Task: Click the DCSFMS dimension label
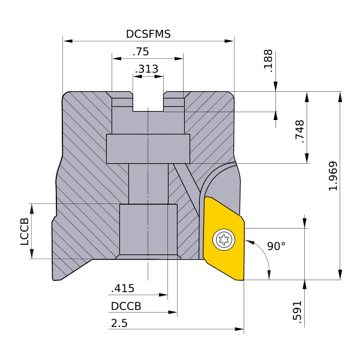click(x=148, y=34)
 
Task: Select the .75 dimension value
click(x=141, y=52)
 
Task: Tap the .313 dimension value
click(x=146, y=69)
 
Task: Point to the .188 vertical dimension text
click(x=268, y=61)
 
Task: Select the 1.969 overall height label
click(x=334, y=176)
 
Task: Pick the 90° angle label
click(x=277, y=246)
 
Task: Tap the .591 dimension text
click(x=298, y=311)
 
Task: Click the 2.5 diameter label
click(x=119, y=323)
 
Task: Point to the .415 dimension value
click(x=122, y=289)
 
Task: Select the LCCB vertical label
click(x=25, y=231)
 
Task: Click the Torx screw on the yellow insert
click(x=225, y=239)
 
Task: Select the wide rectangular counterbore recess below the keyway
click(x=148, y=148)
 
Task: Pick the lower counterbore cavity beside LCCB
click(x=148, y=229)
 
